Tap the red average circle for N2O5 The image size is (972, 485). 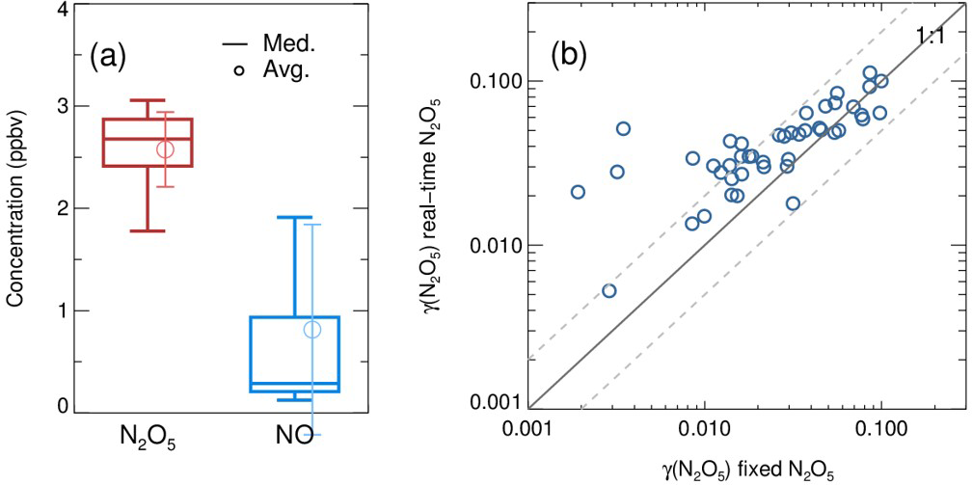pyautogui.click(x=166, y=149)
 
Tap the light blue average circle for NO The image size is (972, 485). pyautogui.click(x=312, y=330)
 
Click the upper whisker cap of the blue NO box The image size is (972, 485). pyautogui.click(x=294, y=217)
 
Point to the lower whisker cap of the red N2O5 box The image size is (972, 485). pyautogui.click(x=148, y=230)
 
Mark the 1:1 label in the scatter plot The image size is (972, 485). pyautogui.click(x=930, y=37)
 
